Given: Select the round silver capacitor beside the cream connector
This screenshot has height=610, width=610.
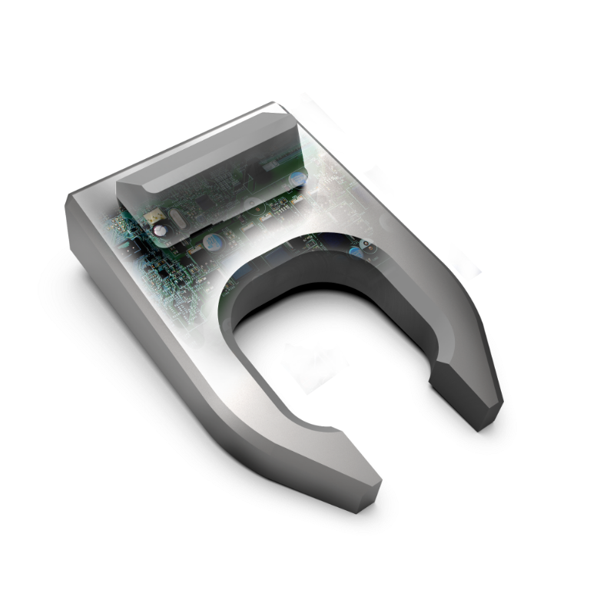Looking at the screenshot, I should (161, 229).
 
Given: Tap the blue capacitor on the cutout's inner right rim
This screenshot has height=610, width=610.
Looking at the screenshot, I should (358, 250).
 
